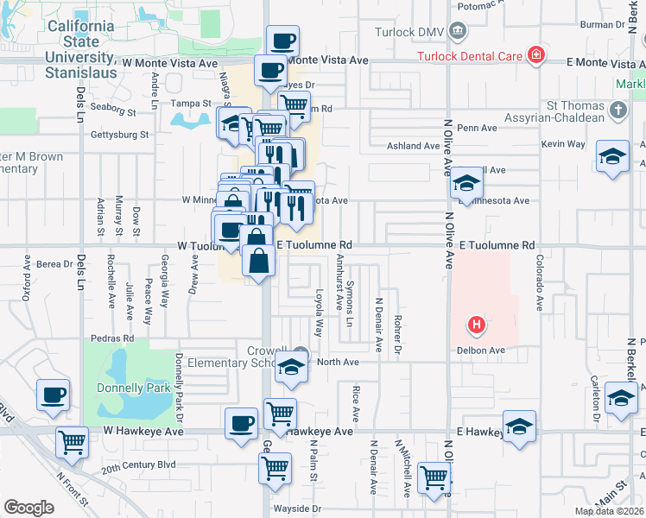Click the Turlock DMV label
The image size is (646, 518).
(x=409, y=33)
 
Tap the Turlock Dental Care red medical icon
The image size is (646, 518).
(x=537, y=56)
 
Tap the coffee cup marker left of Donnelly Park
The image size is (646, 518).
(x=53, y=395)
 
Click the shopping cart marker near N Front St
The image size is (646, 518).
(x=72, y=443)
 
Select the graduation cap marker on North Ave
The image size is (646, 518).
(x=292, y=367)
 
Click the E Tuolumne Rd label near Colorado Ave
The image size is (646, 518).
(x=497, y=246)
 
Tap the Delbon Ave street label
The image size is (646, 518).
(x=484, y=351)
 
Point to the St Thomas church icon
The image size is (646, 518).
(x=617, y=110)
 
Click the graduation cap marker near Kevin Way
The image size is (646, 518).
(x=611, y=156)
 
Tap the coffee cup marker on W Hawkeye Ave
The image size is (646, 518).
(x=241, y=422)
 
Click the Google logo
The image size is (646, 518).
(x=28, y=507)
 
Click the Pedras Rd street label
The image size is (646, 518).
(x=117, y=338)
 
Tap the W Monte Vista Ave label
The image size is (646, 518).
(x=169, y=63)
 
